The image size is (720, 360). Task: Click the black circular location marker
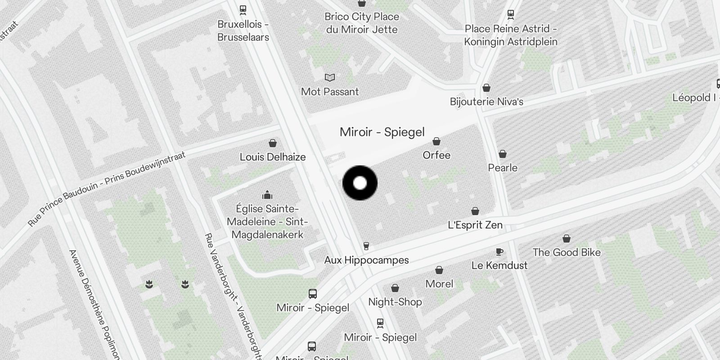click(x=360, y=183)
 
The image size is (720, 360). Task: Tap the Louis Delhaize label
click(x=273, y=157)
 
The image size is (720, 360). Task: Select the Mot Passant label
click(x=330, y=92)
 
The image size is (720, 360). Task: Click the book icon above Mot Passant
click(x=330, y=78)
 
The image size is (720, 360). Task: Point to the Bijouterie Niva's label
click(x=486, y=102)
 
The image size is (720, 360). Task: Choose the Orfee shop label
click(x=436, y=155)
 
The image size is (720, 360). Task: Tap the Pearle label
click(x=503, y=168)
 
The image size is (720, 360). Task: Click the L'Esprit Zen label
click(x=475, y=225)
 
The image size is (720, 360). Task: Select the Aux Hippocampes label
click(x=366, y=260)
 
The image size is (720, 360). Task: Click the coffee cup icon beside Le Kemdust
click(x=499, y=252)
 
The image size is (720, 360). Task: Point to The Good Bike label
click(x=567, y=252)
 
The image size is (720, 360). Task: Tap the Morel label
click(x=439, y=284)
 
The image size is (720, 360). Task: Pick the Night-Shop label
click(x=395, y=302)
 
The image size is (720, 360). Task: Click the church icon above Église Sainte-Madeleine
click(x=267, y=195)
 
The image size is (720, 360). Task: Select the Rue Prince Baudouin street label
click(x=106, y=189)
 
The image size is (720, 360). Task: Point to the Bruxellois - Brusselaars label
click(x=243, y=31)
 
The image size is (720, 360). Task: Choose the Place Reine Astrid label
click(x=511, y=35)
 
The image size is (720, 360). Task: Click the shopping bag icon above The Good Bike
click(x=567, y=238)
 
